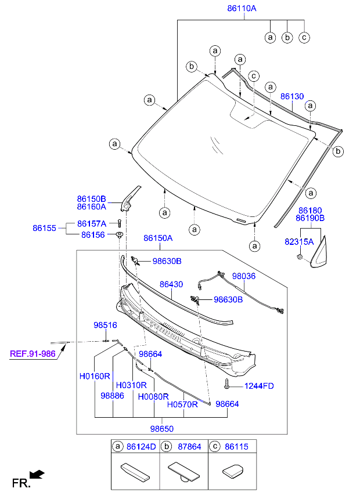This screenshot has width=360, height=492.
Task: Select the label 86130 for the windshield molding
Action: tap(292, 96)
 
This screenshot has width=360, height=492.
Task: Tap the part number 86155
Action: tap(44, 229)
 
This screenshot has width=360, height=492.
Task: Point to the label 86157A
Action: tap(93, 223)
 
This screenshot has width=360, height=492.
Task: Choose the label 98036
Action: tap(244, 277)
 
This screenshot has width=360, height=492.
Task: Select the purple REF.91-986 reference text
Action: tap(33, 353)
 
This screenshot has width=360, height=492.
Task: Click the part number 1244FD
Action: tap(259, 385)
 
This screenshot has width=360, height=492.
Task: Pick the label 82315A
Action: tap(298, 241)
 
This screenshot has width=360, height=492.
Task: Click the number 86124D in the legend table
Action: tap(141, 447)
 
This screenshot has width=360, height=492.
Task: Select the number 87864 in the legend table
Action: tap(189, 447)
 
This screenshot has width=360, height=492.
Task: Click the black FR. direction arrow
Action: tap(38, 475)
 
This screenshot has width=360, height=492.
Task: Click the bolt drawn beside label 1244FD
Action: tap(226, 384)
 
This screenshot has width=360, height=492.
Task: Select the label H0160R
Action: tap(95, 376)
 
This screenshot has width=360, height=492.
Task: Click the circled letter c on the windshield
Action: tap(253, 76)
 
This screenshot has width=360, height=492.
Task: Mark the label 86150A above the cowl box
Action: tap(159, 238)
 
